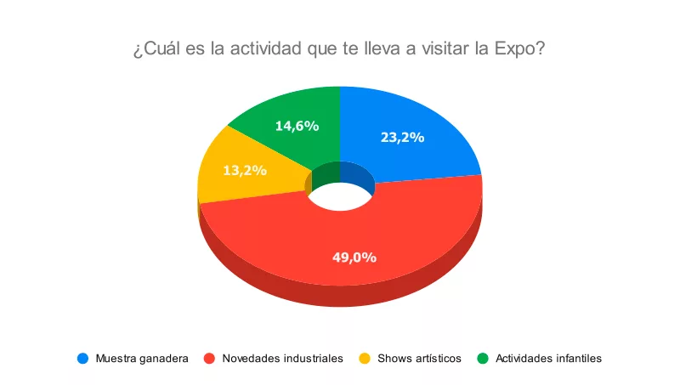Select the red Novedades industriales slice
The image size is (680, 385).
340,246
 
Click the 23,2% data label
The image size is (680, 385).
402,136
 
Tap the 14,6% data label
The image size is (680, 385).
297,126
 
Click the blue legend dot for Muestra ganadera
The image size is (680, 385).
82,358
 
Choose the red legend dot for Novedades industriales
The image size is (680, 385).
209,358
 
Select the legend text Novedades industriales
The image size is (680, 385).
282,358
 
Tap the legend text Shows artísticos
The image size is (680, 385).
419,358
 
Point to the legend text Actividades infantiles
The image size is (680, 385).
548,358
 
